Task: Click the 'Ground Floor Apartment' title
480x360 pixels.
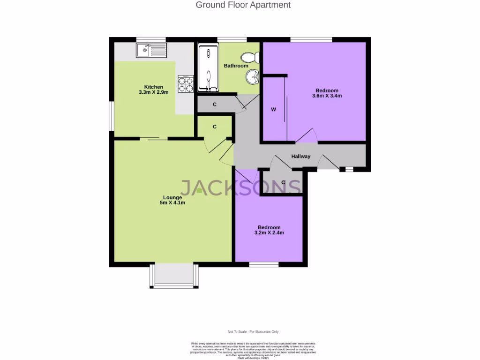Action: [243, 5]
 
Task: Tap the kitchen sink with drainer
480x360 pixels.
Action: [151, 50]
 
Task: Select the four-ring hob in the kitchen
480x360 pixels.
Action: [186, 83]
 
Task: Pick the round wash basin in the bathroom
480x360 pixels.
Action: [254, 75]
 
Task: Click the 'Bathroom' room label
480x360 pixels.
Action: [236, 66]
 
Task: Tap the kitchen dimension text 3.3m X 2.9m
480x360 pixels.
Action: [153, 93]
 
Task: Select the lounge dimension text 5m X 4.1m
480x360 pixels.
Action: [172, 203]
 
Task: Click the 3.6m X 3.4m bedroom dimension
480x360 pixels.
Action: [327, 96]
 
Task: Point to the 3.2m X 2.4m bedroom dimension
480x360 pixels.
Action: [269, 232]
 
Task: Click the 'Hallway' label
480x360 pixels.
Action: [300, 157]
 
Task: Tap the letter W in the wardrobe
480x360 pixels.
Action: [273, 110]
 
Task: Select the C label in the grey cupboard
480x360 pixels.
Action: [215, 105]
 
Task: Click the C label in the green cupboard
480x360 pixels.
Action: [215, 127]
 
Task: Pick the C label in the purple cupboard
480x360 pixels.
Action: [283, 182]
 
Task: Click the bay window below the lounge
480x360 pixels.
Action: [174, 276]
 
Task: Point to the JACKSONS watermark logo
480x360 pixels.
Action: [240, 187]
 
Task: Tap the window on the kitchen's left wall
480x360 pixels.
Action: [111, 116]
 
